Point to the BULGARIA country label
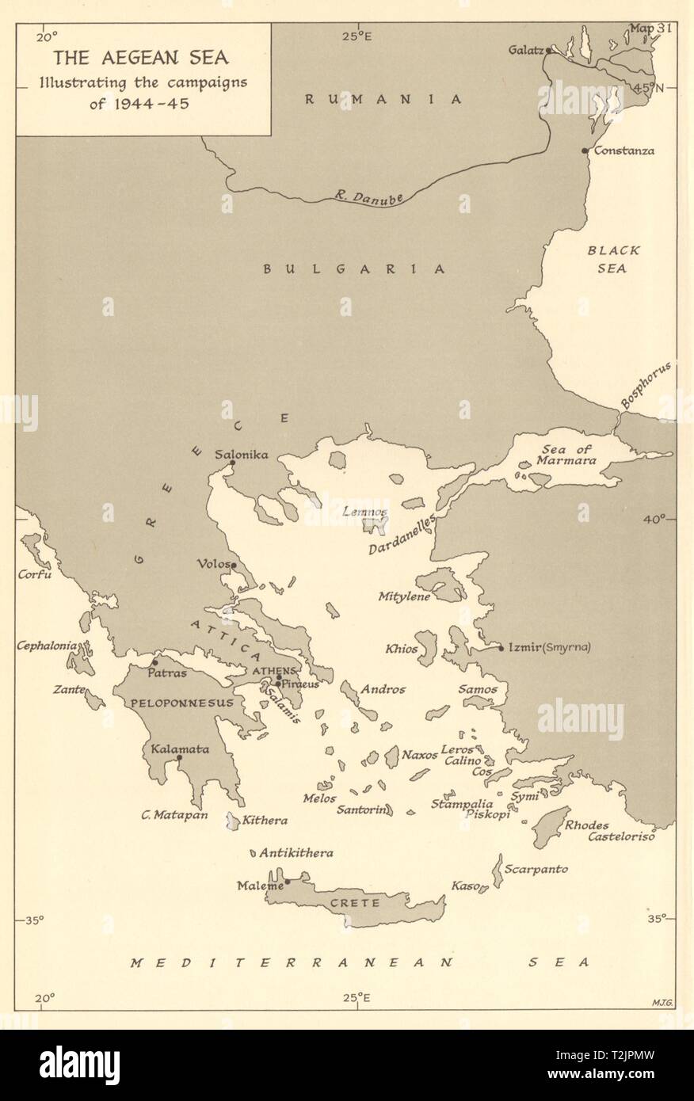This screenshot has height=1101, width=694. tap(354, 269)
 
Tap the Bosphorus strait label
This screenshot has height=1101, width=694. tap(646, 385)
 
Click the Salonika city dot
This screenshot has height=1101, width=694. tap(232, 463)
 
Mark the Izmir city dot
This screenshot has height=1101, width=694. tap(501, 649)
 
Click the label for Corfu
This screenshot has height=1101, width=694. tap(35, 574)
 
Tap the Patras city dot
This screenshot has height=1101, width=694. tap(155, 663)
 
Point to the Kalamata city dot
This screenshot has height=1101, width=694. tap(179, 758)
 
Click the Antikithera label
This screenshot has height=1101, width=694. tap(296, 853)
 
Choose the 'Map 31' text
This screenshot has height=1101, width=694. tap(650, 29)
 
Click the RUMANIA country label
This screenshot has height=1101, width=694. tap(383, 99)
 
